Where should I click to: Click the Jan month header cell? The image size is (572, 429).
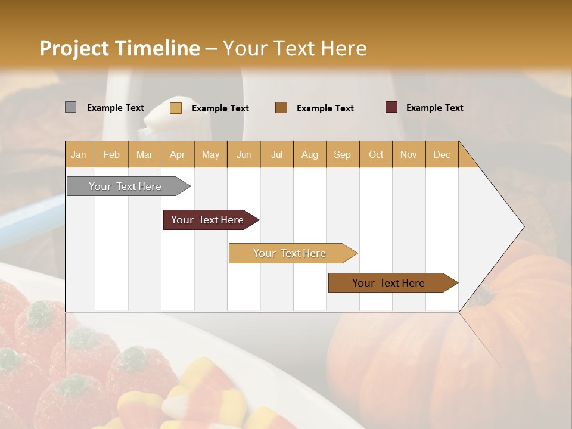[79, 154]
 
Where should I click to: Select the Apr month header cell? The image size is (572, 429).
[178, 154]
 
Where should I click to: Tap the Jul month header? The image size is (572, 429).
[276, 154]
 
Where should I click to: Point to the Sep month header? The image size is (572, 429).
[342, 154]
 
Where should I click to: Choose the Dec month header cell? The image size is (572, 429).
[442, 154]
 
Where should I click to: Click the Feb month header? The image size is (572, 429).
[111, 154]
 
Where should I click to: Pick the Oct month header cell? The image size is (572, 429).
[375, 154]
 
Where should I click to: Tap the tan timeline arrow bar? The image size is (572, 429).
[290, 253]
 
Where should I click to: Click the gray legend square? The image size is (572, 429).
[71, 107]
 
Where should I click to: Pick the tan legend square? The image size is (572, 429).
[176, 108]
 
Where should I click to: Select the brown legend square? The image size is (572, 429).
[281, 108]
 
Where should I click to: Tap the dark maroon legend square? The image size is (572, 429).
[391, 107]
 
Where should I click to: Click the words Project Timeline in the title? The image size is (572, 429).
[119, 48]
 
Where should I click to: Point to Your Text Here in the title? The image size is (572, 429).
[294, 48]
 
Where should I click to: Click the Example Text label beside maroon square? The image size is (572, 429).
[434, 108]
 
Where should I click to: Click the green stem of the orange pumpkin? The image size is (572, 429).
[484, 293]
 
